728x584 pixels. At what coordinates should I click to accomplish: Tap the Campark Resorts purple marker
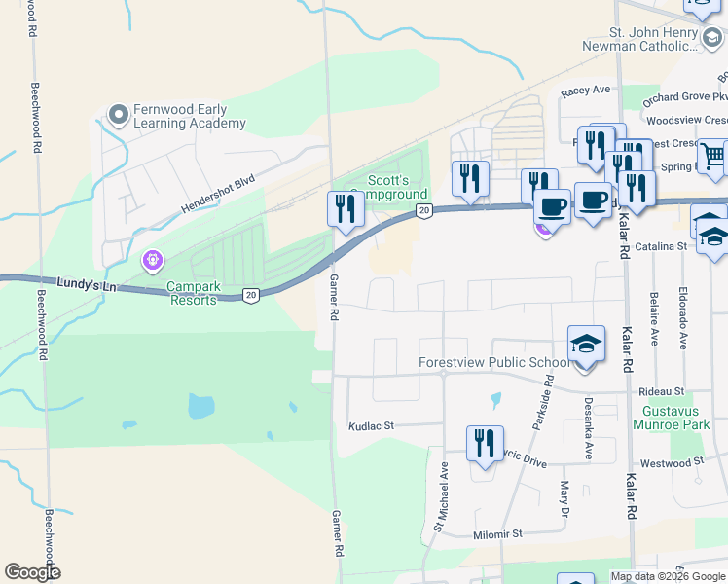coord(151,261)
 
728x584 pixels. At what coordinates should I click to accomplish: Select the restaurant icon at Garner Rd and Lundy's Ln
coord(346,209)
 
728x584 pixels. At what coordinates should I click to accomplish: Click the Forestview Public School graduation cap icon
coord(586,345)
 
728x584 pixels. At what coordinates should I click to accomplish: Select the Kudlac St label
coord(371,426)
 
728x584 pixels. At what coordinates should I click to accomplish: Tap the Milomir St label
coord(498,533)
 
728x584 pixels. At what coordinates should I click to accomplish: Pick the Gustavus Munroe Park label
coord(671,417)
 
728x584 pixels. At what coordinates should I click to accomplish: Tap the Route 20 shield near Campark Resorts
coord(251,295)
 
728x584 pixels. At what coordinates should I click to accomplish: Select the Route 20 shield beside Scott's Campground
coord(423,210)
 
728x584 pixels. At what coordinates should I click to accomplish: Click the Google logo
coord(32,572)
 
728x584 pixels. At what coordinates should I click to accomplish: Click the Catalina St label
coord(661,247)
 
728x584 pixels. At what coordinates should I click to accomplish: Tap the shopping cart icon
coord(713,155)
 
